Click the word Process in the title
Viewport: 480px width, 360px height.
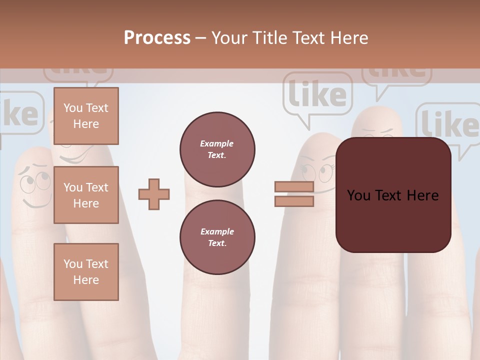coord(157,38)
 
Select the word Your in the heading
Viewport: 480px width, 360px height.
coord(230,38)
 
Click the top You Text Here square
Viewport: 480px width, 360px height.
coord(86,116)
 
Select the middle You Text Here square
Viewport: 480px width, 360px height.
coord(86,195)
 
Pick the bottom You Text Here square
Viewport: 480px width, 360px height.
coord(86,271)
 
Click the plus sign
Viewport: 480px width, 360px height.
coord(154,194)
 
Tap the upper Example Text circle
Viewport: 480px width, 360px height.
coord(217,149)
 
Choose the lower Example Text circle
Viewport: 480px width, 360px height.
coord(217,237)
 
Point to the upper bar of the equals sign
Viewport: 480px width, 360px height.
coord(294,187)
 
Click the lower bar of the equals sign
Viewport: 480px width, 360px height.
coord(294,201)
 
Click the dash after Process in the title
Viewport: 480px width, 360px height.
coord(201,38)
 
